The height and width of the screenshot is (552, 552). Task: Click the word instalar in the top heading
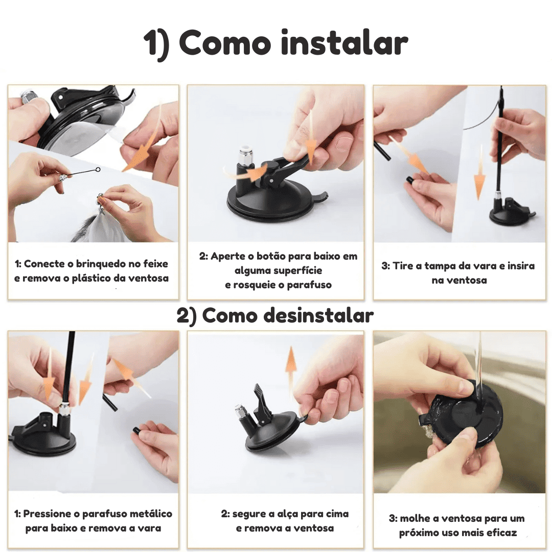click(344, 43)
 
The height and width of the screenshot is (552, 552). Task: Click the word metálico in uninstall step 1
click(151, 514)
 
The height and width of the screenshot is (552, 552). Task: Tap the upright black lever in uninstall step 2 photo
click(261, 405)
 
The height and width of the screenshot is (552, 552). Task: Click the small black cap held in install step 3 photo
click(410, 180)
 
